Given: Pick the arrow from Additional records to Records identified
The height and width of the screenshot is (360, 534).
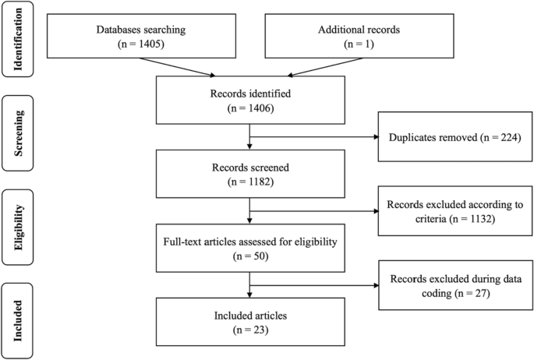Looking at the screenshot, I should pos(312,69).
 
